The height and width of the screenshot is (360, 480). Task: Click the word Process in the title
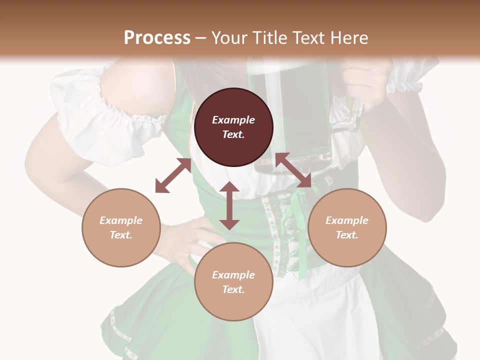coord(157,38)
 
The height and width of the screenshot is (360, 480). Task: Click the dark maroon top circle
coord(233,127)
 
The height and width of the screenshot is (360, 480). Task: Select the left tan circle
coord(121,227)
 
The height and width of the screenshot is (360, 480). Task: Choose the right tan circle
coord(347,227)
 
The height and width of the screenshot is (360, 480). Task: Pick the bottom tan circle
coord(233,281)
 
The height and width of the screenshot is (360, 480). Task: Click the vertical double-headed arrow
coord(229,205)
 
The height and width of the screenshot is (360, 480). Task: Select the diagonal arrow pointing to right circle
coord(293,170)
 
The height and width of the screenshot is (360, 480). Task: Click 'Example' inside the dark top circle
coord(233,120)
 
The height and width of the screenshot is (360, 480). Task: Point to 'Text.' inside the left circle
coord(121,235)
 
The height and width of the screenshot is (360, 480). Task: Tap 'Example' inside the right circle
coord(347,220)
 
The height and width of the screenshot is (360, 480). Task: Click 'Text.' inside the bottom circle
coord(233,289)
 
